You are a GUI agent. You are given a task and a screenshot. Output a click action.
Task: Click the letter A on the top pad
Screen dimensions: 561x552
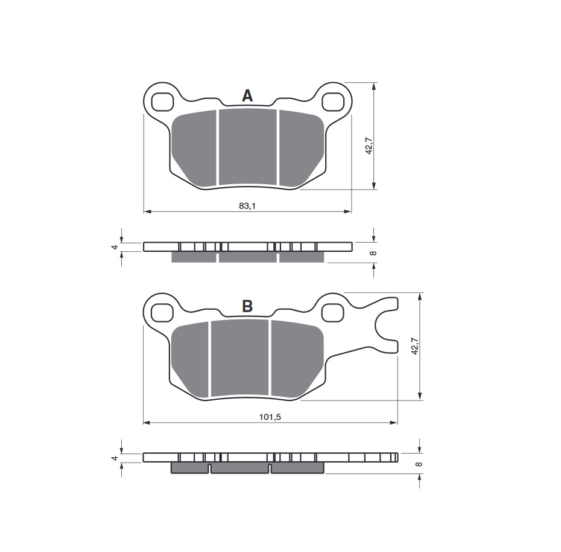247,96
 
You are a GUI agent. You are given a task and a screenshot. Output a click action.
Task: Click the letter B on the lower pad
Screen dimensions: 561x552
247,306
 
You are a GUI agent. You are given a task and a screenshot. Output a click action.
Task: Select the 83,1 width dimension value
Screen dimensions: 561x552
247,206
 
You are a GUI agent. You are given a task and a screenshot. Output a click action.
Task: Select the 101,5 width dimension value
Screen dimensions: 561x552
270,417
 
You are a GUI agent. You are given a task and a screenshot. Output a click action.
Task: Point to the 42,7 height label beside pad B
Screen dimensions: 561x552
414,346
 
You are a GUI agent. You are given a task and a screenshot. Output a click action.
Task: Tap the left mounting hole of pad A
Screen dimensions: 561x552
162,102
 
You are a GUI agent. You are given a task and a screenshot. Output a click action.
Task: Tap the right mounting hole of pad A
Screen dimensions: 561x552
333,101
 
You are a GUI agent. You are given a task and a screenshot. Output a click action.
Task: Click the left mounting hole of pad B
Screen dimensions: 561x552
162,313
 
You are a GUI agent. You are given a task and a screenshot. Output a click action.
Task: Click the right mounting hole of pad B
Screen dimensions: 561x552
333,313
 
